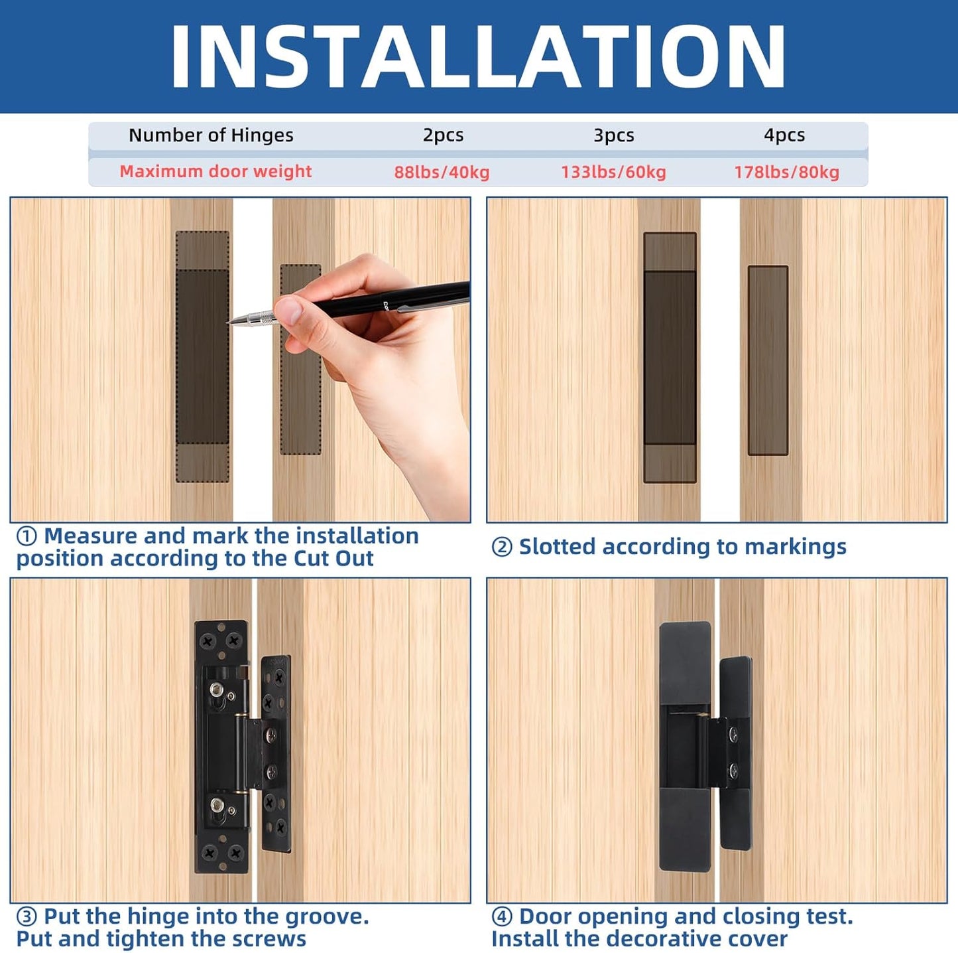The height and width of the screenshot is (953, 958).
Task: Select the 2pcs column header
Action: coord(443,135)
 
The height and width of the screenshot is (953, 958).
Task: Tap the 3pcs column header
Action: coord(613,135)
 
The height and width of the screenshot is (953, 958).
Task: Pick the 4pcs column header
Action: coord(784,135)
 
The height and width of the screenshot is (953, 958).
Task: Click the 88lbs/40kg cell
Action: coord(442,173)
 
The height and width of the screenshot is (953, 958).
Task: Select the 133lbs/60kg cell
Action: coord(613,173)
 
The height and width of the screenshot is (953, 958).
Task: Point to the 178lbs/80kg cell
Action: coord(786,173)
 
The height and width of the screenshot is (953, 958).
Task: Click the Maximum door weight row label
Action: coord(215,171)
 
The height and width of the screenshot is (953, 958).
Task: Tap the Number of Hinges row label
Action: coord(211,135)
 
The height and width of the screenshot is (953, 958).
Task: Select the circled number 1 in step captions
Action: coord(27,536)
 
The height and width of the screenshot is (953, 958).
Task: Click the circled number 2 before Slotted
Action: coord(502,548)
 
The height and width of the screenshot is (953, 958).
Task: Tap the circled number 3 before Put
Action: coord(27,917)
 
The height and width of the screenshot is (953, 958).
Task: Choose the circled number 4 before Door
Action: coord(502,917)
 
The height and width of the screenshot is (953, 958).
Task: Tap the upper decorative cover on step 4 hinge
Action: coord(686,662)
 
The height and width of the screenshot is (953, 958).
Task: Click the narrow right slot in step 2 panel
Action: coord(768,360)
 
